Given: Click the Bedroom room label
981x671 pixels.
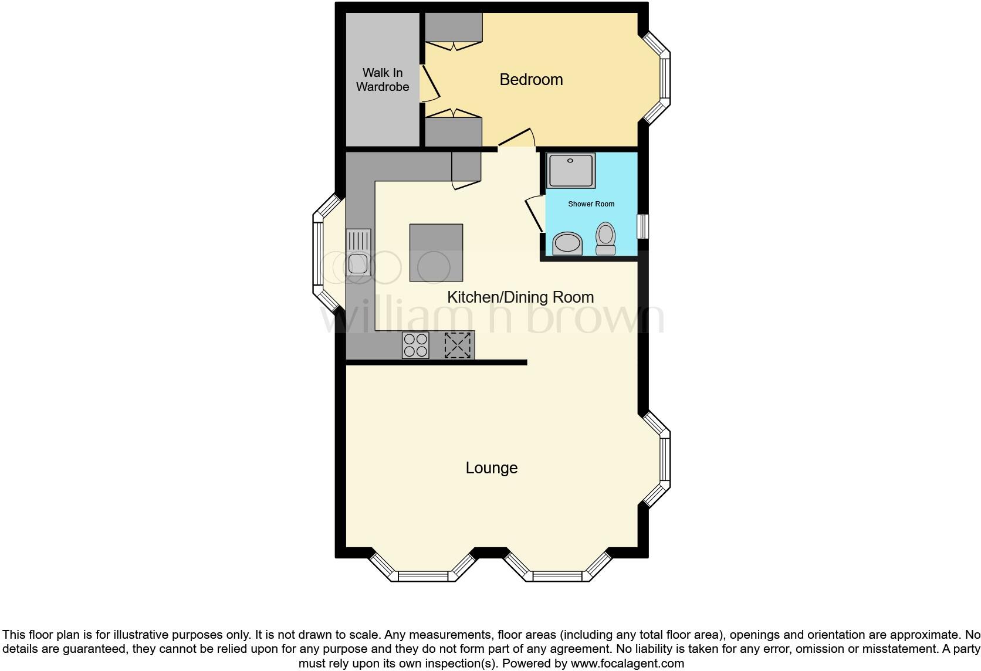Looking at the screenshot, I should click(531, 80).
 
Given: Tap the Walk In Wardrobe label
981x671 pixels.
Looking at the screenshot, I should click(383, 80).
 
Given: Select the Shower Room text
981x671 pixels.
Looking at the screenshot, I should click(591, 204).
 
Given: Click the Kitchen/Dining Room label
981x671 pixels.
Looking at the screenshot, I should click(520, 297).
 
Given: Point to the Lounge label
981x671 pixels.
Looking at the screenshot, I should click(491, 468).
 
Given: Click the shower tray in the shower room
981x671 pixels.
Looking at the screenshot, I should click(571, 171).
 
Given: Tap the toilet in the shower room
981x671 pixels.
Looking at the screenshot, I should click(605, 238).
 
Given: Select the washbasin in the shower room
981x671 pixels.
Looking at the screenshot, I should click(567, 243).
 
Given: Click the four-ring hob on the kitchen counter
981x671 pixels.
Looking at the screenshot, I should click(415, 345).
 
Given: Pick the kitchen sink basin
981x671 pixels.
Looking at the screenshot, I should click(357, 264).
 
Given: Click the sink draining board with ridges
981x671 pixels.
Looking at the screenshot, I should click(358, 240).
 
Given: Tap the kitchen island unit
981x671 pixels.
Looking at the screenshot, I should click(436, 253).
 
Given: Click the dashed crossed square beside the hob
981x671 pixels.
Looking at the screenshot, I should click(458, 345).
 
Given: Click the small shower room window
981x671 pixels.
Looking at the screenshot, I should click(644, 226).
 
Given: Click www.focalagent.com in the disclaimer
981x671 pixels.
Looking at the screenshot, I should click(627, 663).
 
